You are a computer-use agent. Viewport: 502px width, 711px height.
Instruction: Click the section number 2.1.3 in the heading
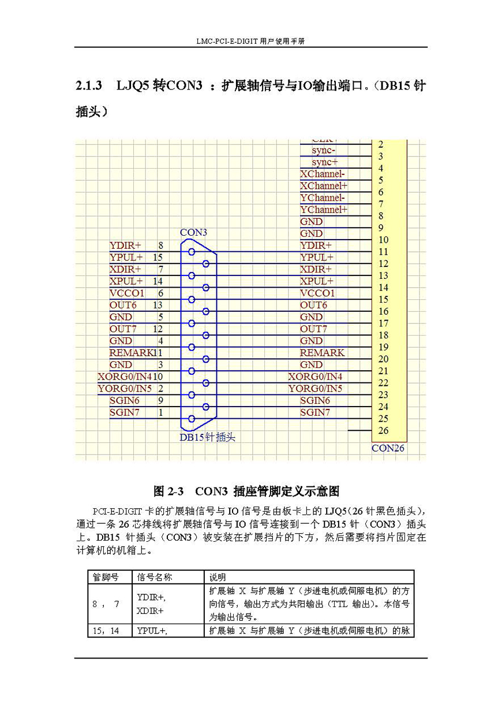tap(89, 86)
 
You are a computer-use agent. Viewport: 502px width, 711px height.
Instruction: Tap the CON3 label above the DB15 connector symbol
tap(193, 232)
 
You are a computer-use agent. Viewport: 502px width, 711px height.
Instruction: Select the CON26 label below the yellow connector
tap(387, 448)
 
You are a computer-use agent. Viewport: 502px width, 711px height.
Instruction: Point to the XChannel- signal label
tap(323, 174)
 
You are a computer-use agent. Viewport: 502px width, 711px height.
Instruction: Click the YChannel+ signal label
tap(324, 210)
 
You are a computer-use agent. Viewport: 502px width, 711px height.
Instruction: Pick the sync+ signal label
tap(325, 162)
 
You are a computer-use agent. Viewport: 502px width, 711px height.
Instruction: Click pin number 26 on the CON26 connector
tap(383, 430)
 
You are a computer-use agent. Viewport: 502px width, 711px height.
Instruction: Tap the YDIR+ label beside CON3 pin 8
tap(125, 245)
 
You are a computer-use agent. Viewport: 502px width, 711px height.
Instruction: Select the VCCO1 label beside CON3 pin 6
tap(126, 293)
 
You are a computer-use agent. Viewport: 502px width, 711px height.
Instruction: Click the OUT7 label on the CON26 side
tap(313, 329)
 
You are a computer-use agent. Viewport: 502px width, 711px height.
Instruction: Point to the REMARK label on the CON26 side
tap(322, 353)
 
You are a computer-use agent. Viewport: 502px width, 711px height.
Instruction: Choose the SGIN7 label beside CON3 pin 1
tap(125, 412)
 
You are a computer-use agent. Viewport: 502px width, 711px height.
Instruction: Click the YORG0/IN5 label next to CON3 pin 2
tap(125, 389)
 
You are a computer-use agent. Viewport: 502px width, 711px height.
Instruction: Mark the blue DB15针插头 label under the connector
tap(207, 437)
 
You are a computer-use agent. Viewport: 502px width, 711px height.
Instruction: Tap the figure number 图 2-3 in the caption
tap(168, 492)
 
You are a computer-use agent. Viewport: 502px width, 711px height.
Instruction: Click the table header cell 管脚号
tap(106, 577)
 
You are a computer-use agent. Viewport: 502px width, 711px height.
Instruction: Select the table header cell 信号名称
tap(155, 577)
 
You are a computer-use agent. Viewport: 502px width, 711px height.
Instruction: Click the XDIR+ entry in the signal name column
tap(150, 611)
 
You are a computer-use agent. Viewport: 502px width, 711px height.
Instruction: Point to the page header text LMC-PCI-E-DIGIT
tap(228, 42)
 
